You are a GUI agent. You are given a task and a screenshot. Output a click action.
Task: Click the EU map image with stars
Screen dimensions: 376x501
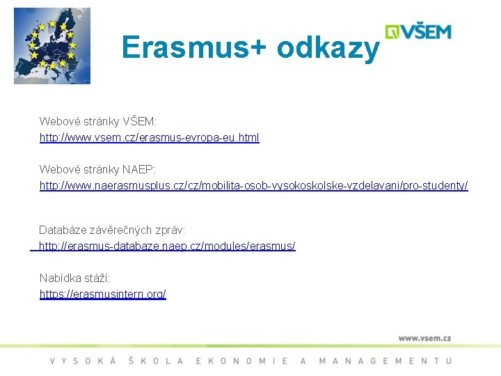coord(51,46)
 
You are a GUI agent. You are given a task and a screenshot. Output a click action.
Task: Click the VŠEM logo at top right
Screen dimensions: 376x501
coord(418,32)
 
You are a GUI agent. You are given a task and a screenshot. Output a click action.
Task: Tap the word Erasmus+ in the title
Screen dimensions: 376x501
coord(194,47)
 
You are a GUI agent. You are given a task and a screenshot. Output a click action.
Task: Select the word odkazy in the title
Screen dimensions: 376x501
coord(328,49)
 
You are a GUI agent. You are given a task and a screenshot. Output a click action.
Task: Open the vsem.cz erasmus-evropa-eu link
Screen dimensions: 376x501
coord(149,138)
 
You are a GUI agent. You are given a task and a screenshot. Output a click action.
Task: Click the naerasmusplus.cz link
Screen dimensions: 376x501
coord(253,186)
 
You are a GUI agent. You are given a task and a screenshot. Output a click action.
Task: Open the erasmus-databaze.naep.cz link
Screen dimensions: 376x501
coord(167,246)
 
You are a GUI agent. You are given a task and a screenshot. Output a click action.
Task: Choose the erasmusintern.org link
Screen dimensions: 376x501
coord(103,295)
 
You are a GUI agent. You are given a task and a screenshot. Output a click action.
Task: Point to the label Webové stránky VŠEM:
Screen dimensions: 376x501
coord(98,122)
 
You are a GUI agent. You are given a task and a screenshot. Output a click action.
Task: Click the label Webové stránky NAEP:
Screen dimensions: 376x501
coord(97,170)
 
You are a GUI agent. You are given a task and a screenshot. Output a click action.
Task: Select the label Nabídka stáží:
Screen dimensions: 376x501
coord(74,279)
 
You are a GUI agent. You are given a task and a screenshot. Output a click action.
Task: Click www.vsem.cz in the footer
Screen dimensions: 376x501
coord(424,338)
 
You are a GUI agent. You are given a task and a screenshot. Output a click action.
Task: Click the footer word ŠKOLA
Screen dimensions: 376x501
coord(157,361)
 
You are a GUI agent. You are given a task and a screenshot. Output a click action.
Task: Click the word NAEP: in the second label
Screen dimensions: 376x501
coord(138,170)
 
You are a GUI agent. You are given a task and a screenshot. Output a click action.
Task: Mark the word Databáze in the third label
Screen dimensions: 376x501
coord(61,230)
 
